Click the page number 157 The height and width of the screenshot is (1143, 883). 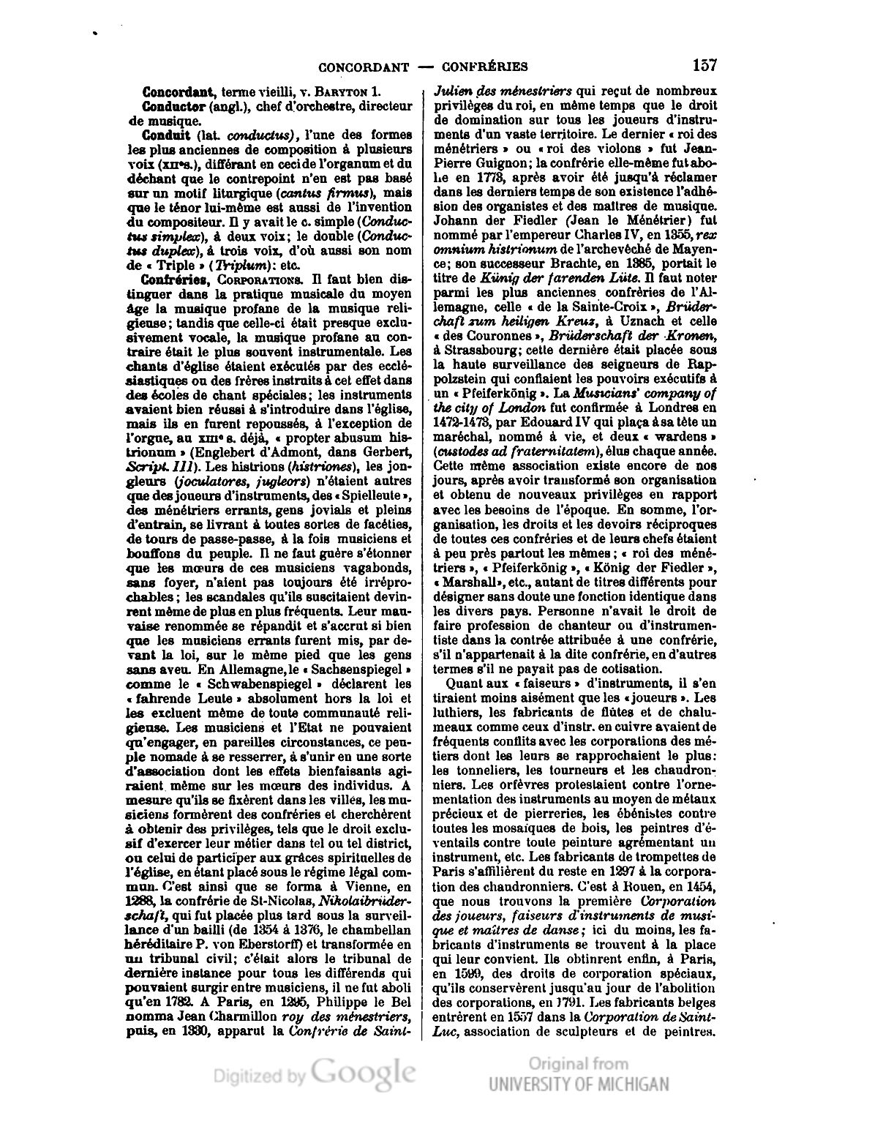click(x=703, y=65)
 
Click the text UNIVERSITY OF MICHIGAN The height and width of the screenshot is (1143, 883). click(x=578, y=1084)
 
